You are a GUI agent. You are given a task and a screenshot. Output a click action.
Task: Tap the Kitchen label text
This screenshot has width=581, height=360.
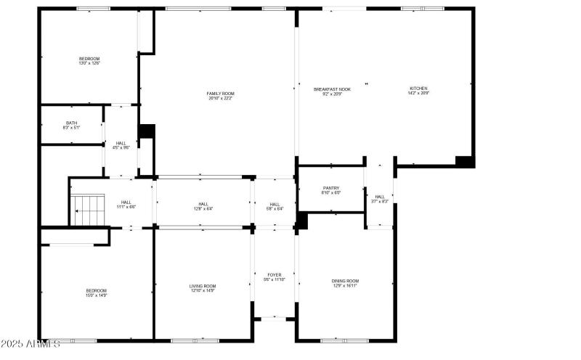(x=418, y=89)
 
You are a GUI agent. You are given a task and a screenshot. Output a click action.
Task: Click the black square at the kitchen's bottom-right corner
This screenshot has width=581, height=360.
(x=464, y=161)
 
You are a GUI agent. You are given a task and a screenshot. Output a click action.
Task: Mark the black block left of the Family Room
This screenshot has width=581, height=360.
(x=147, y=131)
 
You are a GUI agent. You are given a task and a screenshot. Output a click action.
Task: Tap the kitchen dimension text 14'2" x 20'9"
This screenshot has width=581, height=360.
(x=418, y=93)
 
